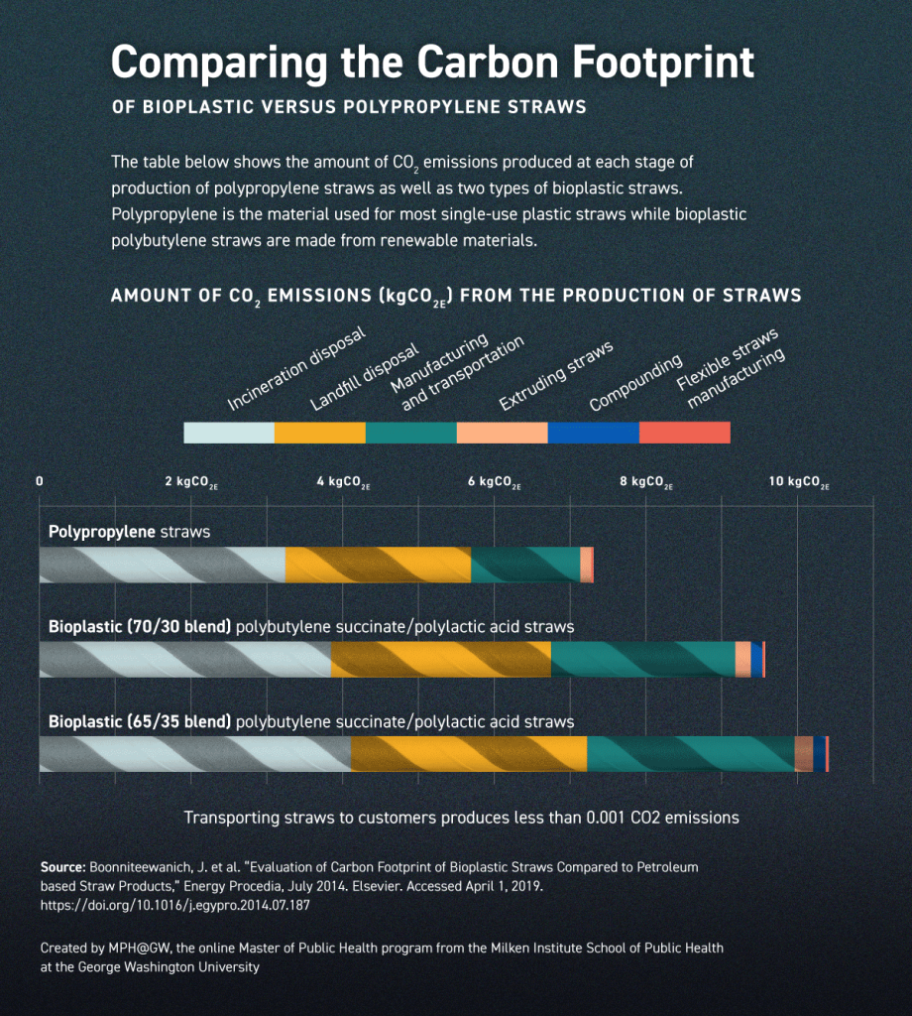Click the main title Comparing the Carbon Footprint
coord(432,62)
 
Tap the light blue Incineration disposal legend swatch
coord(229,433)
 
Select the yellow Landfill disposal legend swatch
coord(320,433)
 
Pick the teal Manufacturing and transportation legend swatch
coord(411,433)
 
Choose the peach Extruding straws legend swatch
coord(503,433)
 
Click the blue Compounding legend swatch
coord(594,433)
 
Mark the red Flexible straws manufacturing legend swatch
coord(685,433)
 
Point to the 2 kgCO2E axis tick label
coord(191,482)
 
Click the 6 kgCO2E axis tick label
coord(495,482)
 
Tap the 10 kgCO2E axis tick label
coord(799,482)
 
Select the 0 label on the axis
coord(40,481)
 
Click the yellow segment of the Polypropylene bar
coord(378,565)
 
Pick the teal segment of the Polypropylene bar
coord(525,565)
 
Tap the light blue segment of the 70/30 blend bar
coord(184,660)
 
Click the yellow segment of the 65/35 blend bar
coord(469,754)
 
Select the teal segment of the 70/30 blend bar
coord(642,660)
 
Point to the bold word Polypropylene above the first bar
coord(102,532)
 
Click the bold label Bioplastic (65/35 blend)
coord(140,721)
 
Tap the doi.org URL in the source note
coord(174,905)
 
